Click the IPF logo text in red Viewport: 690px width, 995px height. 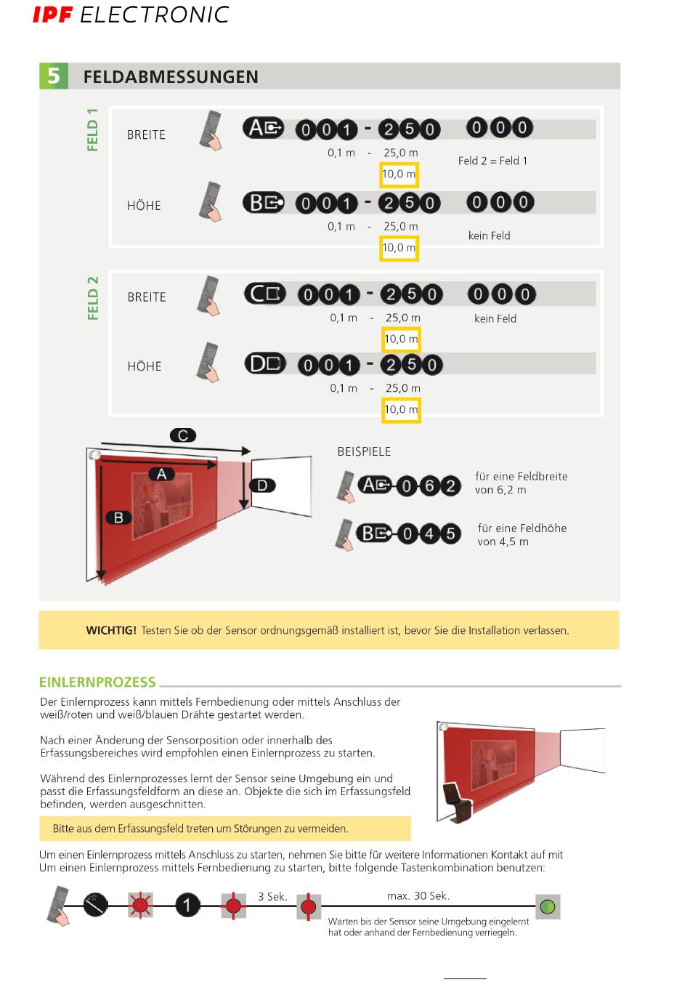(52, 15)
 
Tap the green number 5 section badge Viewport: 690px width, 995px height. (54, 76)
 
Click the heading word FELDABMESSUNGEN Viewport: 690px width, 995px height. (171, 77)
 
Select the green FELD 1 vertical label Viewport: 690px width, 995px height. (92, 130)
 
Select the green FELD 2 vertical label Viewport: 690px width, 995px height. (92, 298)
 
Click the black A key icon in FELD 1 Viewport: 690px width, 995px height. (263, 129)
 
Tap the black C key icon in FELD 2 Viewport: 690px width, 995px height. (264, 294)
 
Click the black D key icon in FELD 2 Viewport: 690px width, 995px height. (264, 363)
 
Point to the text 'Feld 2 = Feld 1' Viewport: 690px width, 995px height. (492, 161)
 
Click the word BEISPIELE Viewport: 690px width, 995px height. (364, 451)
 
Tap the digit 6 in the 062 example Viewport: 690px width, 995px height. (429, 486)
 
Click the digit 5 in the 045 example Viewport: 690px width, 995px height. (450, 534)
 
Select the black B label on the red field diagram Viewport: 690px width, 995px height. (118, 517)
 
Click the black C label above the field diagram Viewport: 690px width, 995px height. (183, 435)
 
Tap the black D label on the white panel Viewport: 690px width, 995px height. (262, 485)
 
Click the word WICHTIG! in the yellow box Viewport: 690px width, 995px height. (110, 630)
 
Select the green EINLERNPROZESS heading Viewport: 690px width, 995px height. (97, 682)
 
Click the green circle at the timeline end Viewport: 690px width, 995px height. (548, 906)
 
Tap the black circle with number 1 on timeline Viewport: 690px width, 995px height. (187, 906)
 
